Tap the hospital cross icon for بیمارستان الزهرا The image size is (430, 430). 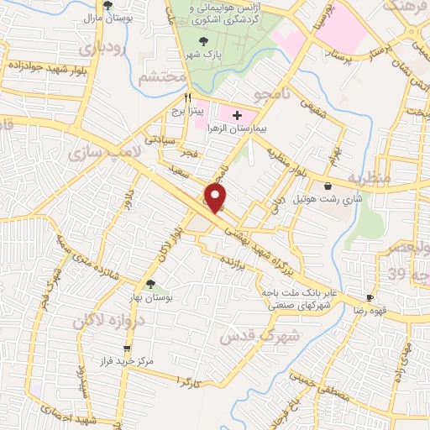pyautogui.click(x=237, y=115)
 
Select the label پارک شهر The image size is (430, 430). pyautogui.click(x=202, y=55)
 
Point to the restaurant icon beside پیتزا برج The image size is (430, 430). pyautogui.click(x=176, y=97)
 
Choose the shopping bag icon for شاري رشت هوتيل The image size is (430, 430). pyautogui.click(x=327, y=186)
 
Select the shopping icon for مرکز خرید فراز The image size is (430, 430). pyautogui.click(x=127, y=348)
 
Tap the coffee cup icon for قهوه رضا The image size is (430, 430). pyautogui.click(x=370, y=298)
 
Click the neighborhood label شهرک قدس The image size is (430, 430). pyautogui.click(x=249, y=334)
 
